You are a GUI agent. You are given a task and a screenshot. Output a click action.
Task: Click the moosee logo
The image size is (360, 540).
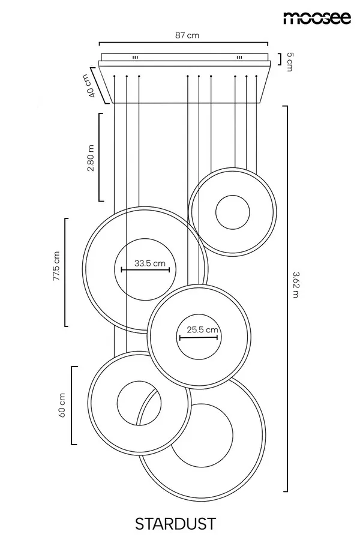point(317,17)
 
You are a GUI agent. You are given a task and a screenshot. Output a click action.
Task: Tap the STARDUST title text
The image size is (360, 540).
point(175,524)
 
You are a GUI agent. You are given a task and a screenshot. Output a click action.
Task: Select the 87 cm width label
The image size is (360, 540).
point(187,35)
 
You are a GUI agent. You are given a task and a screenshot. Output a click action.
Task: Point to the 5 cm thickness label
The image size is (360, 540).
point(290,62)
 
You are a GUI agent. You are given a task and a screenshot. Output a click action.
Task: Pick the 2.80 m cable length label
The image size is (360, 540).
point(90,158)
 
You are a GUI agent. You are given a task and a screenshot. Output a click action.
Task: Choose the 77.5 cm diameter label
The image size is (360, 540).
point(56,266)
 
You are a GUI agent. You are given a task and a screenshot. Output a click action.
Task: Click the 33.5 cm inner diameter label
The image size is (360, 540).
point(150,263)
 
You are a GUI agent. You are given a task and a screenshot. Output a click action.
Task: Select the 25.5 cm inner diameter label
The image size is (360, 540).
point(203,329)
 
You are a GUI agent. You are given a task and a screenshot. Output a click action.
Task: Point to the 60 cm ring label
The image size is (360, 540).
point(62,405)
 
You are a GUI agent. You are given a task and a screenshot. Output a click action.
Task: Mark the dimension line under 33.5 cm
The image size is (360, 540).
point(145,269)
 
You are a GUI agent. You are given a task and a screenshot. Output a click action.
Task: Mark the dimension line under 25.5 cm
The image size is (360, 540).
point(199,337)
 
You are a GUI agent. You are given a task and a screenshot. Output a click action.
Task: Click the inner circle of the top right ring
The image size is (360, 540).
point(233,196)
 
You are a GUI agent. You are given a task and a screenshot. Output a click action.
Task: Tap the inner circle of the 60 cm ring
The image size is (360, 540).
point(139,382)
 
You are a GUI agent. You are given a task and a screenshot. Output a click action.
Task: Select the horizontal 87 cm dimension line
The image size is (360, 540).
point(183,43)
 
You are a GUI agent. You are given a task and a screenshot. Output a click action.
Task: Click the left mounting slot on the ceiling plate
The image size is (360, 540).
point(136,57)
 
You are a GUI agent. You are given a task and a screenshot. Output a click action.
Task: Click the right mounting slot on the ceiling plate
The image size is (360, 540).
point(239,57)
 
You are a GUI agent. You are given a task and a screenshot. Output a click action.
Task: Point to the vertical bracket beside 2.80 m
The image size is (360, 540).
point(100,157)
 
